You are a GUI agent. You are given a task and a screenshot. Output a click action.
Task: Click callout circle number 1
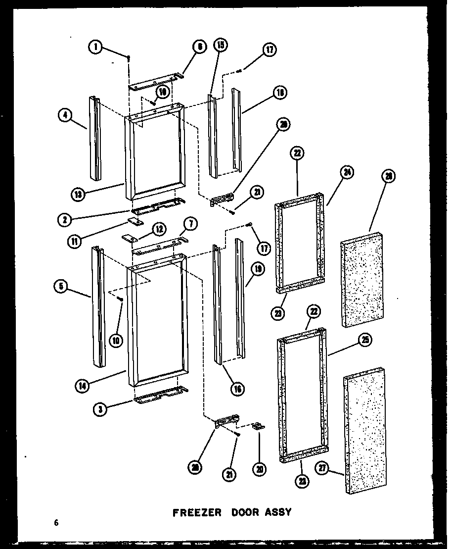pos(96,47)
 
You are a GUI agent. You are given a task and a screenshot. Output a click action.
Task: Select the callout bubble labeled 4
pos(65,115)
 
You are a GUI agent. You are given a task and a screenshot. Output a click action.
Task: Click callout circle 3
pos(101,408)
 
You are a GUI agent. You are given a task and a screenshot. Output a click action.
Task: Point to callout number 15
pos(220,46)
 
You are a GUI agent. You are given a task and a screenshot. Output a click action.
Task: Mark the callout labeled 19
pos(257,269)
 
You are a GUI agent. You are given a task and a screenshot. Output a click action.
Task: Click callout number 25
pos(365,340)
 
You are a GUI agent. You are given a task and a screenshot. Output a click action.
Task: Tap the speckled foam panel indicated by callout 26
pos(362,278)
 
